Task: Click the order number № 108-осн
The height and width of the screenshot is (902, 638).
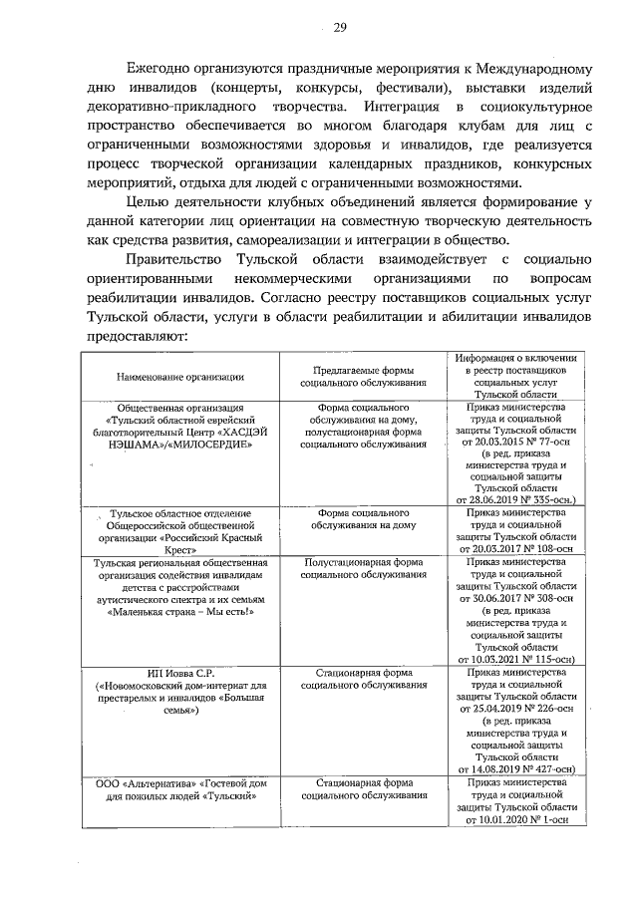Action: [x=548, y=548]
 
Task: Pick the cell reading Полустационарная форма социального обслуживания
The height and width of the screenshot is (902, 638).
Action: [x=363, y=568]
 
